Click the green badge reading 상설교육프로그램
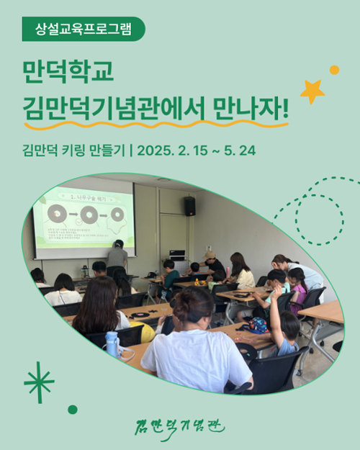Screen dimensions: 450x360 (x=83, y=30)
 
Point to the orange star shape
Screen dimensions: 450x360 (x=312, y=91)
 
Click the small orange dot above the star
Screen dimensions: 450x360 (x=334, y=70)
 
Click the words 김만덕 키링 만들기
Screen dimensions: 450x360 (x=72, y=152)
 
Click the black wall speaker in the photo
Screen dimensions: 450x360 (x=189, y=206)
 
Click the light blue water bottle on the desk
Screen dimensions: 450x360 (x=112, y=343)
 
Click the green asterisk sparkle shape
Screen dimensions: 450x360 (x=39, y=382)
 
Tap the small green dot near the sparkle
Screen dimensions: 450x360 (x=73, y=409)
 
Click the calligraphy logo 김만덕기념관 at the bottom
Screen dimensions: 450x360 (x=180, y=426)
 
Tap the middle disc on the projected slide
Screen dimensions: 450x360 (x=90, y=214)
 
